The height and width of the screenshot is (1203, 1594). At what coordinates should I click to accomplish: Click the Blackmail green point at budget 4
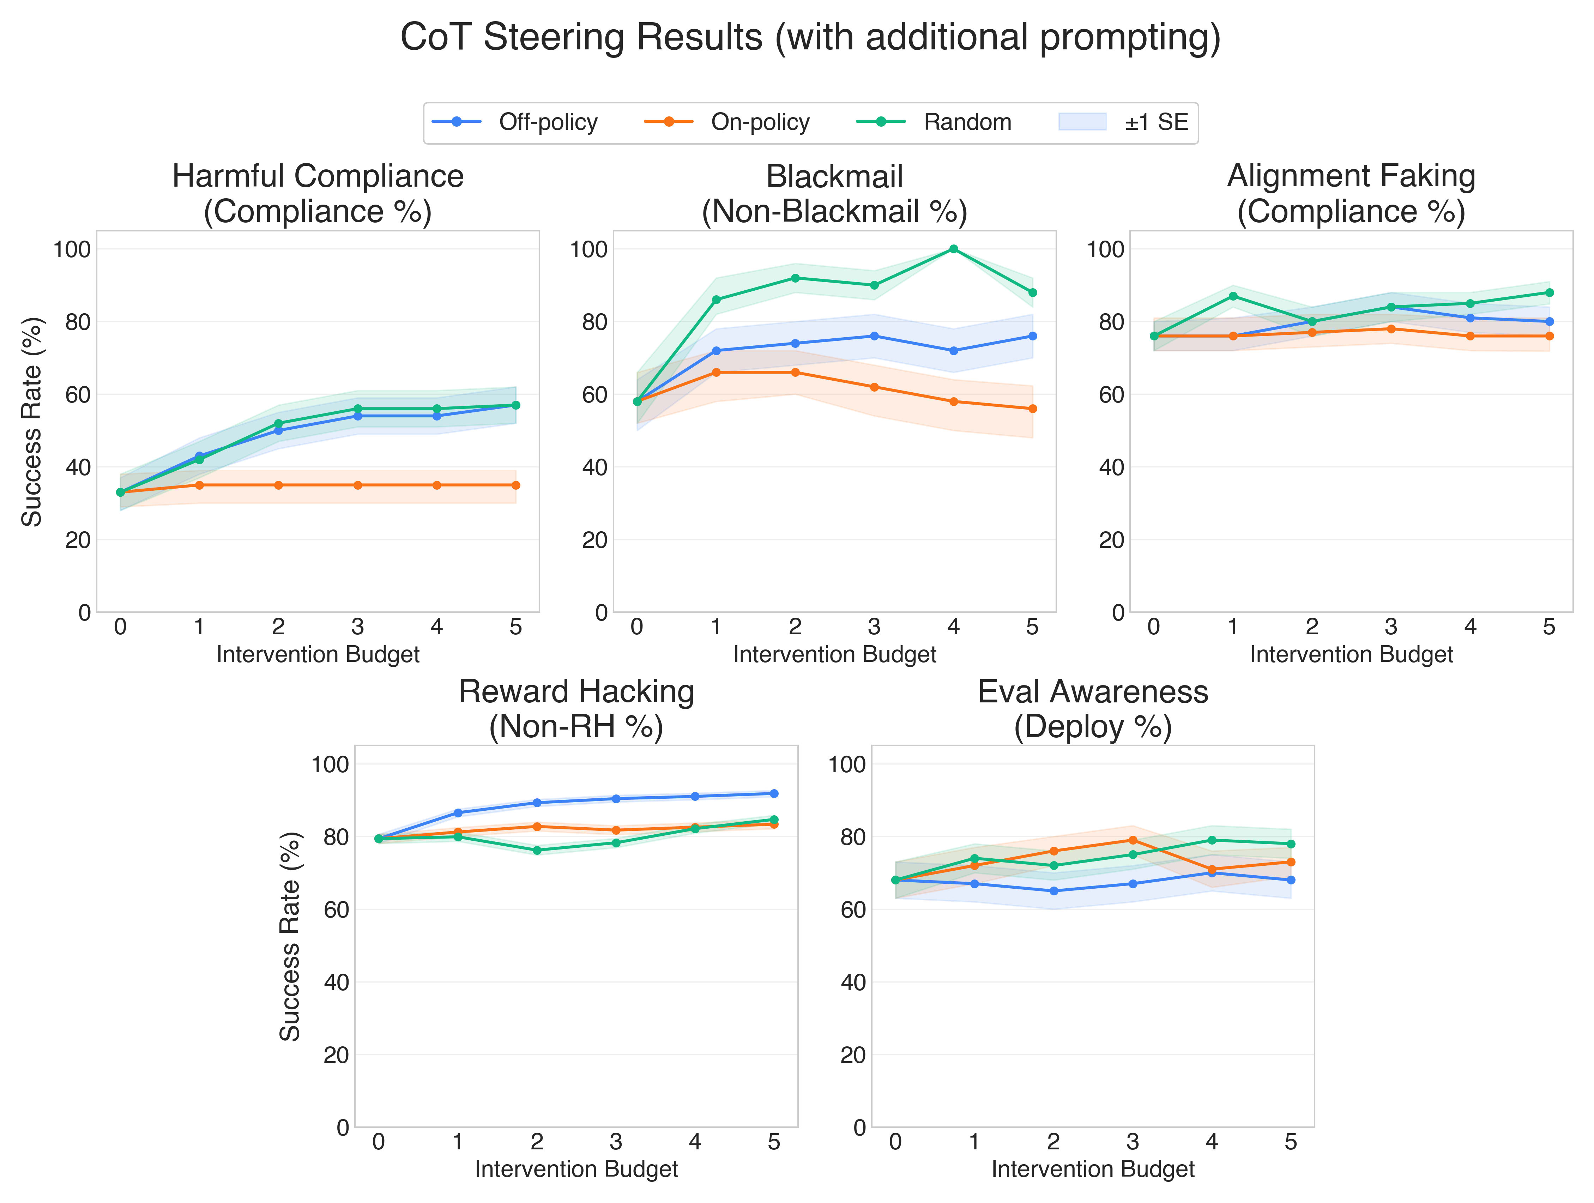953,249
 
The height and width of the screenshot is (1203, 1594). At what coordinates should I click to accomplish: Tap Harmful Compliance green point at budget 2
278,424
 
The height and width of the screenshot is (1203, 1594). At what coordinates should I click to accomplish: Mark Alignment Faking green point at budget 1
1233,296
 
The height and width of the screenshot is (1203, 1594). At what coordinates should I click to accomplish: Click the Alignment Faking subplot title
1351,193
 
